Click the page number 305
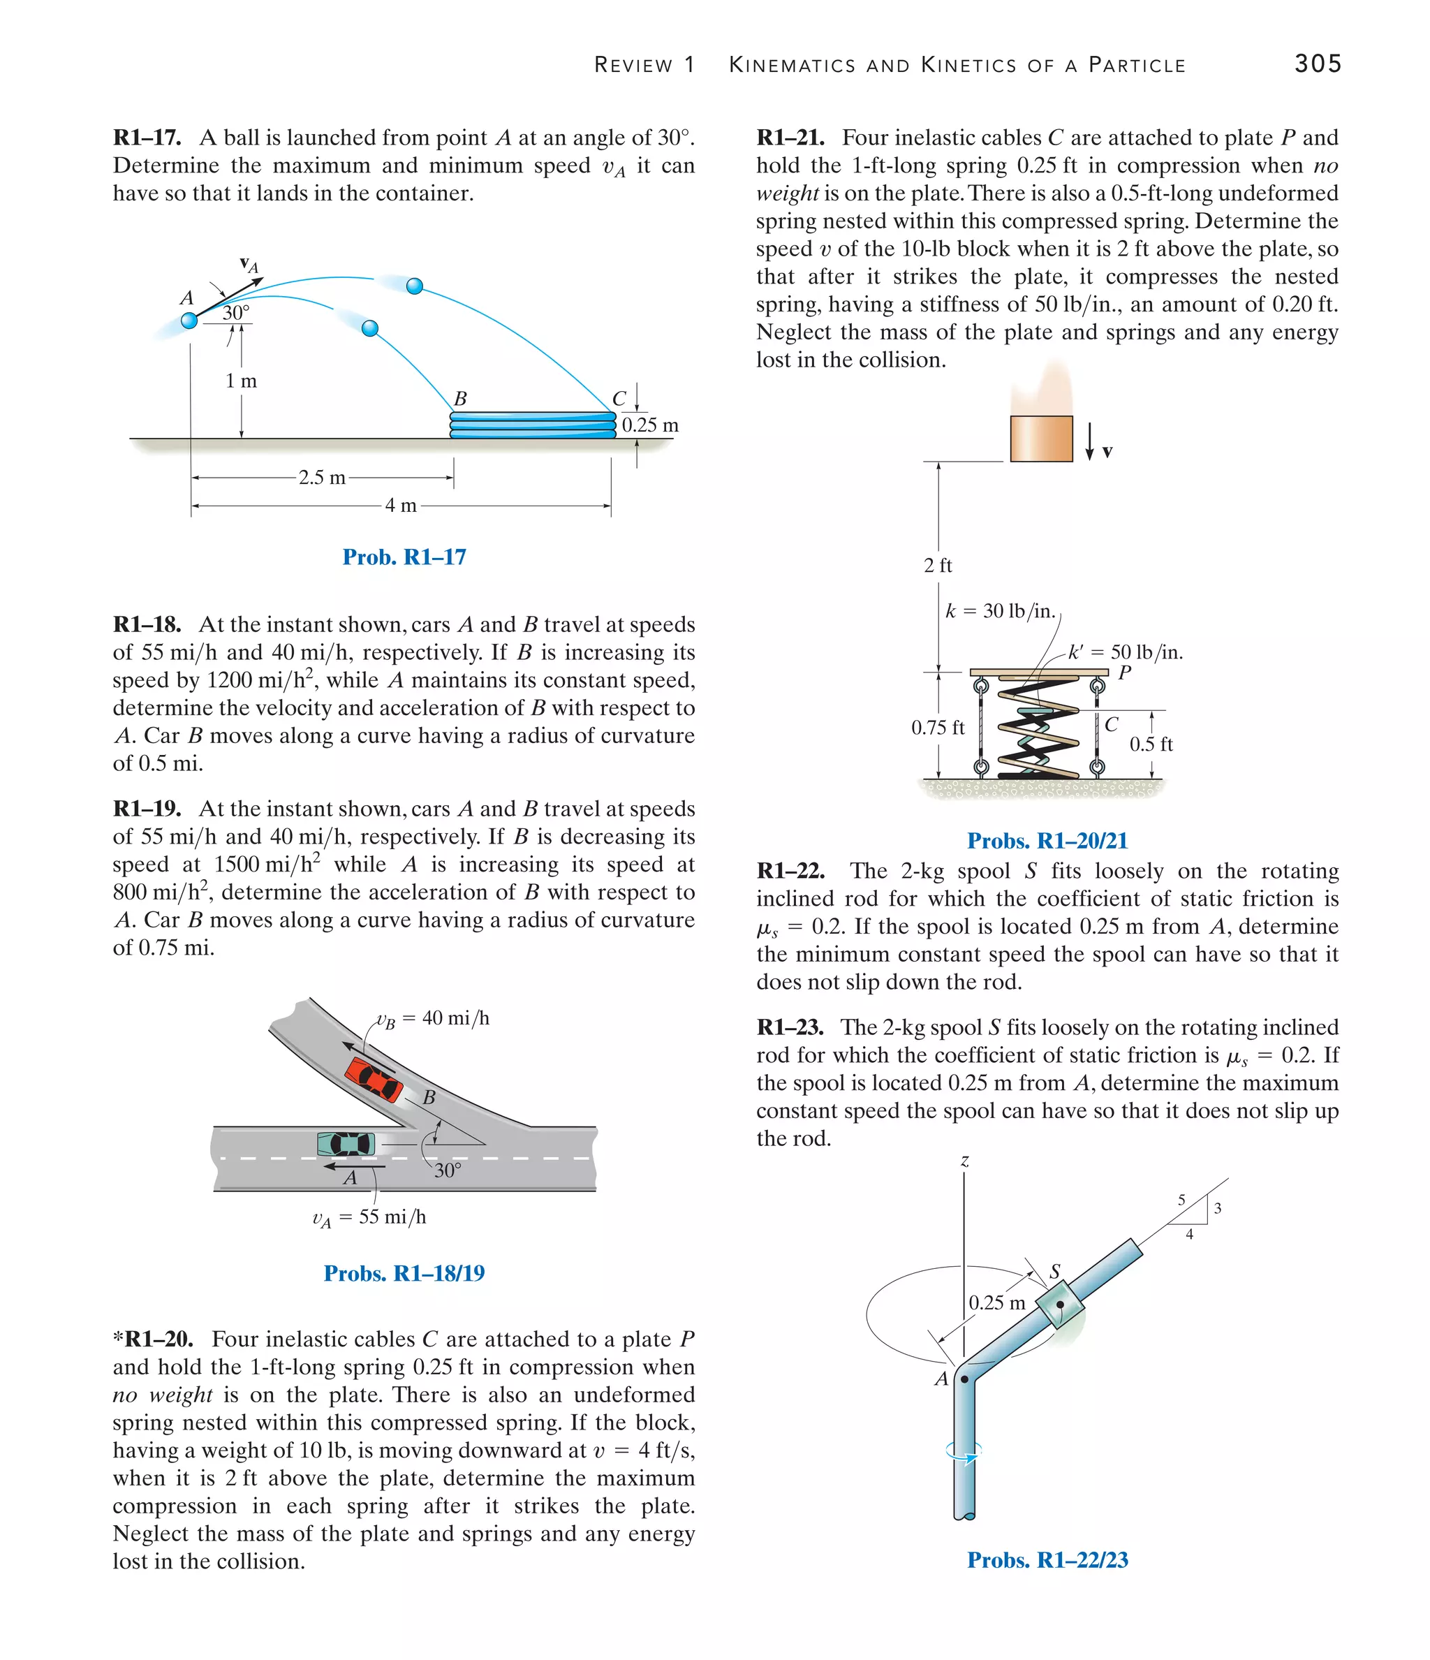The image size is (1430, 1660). click(x=1317, y=64)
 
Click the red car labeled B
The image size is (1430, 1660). click(x=374, y=1079)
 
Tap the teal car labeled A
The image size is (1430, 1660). click(x=346, y=1143)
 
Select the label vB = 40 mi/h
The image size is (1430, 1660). click(x=434, y=1019)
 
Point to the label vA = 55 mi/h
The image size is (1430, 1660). click(x=369, y=1218)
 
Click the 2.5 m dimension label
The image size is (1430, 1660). click(x=322, y=478)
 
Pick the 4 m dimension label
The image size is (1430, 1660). click(x=401, y=506)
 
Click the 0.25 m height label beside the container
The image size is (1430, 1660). click(x=649, y=425)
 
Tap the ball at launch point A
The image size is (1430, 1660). click(x=189, y=321)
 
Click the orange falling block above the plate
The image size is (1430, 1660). click(x=1040, y=439)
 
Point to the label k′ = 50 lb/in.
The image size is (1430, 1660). click(x=1126, y=652)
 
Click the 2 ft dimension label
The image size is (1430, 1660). click(x=937, y=566)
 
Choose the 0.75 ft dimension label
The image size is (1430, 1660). click(x=937, y=728)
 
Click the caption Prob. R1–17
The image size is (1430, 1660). click(x=404, y=557)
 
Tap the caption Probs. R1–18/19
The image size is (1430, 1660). click(x=404, y=1273)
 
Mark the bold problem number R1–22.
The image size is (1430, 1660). click(x=790, y=871)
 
